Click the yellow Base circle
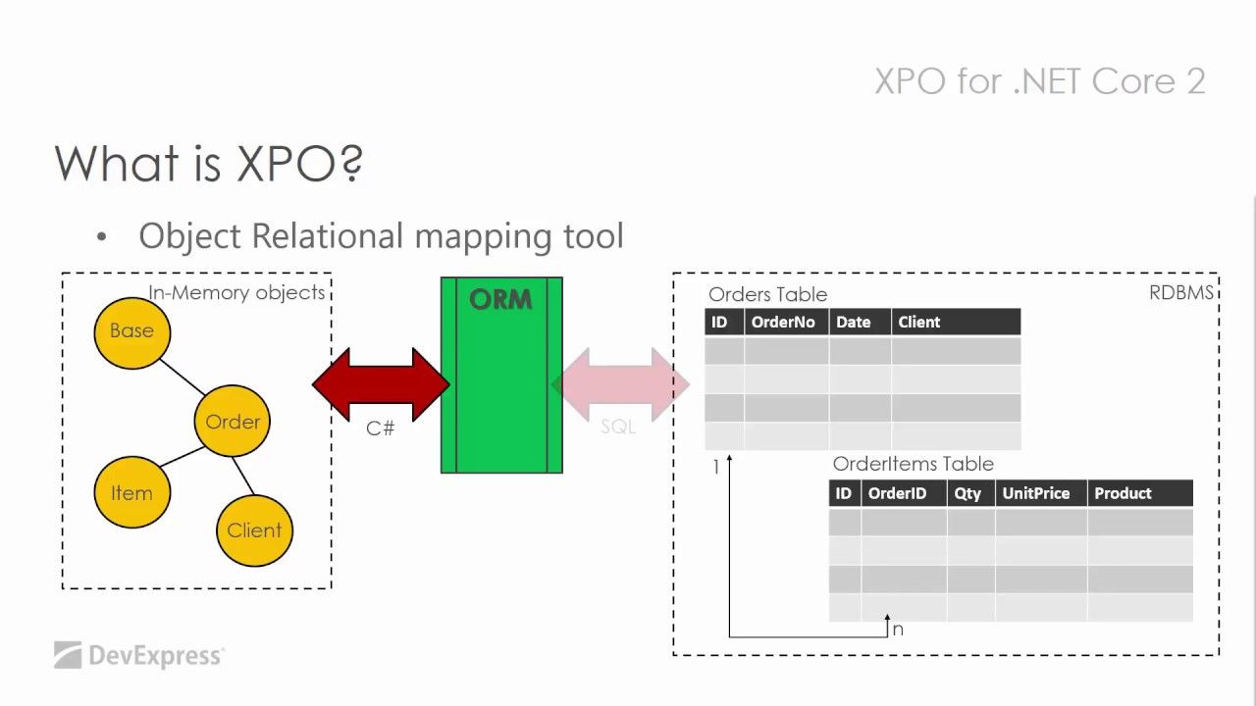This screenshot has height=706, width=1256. coord(132,332)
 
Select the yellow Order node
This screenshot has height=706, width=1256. coord(233,421)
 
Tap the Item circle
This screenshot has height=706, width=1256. coord(132,492)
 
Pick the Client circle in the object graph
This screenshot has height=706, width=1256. coord(254,530)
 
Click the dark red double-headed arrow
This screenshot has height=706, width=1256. coord(381,384)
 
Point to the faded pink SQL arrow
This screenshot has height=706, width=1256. coord(621,384)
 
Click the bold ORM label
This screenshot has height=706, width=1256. coord(500,300)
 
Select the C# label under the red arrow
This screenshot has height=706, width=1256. coord(380,429)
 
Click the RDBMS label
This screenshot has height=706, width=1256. coord(1181,292)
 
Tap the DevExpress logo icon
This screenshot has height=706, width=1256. coord(68,655)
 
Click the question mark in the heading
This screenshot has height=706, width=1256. coord(352,163)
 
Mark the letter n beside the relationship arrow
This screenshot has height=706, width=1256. coord(898,630)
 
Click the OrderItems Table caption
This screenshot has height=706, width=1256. coord(913,464)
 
